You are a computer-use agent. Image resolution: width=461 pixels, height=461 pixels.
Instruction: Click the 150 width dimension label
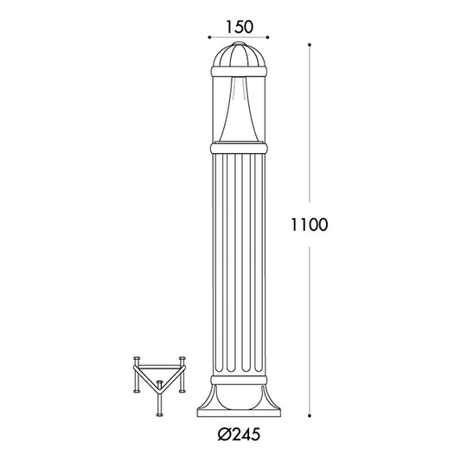[239, 27]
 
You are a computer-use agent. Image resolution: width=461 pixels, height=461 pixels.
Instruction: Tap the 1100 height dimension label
[309, 225]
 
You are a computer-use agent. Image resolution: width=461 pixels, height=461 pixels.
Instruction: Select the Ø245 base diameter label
[239, 434]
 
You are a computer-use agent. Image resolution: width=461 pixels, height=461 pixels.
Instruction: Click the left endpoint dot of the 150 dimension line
[209, 37]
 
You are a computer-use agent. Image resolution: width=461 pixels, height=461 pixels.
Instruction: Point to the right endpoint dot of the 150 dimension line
[268, 37]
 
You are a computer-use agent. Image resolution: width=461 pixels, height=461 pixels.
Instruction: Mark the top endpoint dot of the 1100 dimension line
[310, 45]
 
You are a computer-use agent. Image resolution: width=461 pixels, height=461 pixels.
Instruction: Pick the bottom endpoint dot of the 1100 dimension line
[310, 415]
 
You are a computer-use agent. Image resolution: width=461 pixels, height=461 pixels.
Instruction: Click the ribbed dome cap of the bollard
[239, 56]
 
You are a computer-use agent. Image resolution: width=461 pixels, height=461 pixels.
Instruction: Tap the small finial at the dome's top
[239, 44]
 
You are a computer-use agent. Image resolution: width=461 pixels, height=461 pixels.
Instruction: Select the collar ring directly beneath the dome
[239, 72]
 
